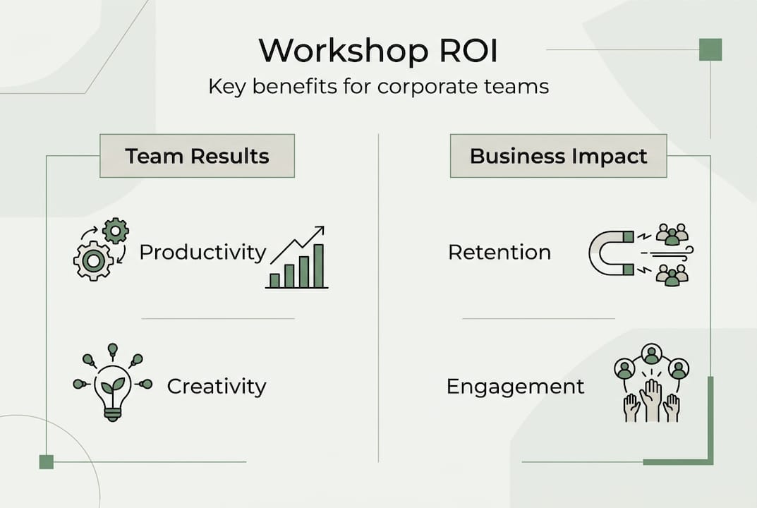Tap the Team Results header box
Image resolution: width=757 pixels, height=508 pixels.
coord(197,156)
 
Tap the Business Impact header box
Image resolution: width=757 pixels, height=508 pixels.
coord(558,156)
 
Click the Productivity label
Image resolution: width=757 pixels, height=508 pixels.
coord(202,253)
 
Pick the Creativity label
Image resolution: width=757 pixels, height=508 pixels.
coord(217,387)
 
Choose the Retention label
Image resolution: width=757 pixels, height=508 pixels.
coord(499,253)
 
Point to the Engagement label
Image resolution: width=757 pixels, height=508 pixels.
coord(516,387)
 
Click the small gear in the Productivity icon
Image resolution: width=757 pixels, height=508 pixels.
coord(115,231)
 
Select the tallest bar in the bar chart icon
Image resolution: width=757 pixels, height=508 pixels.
coord(318,266)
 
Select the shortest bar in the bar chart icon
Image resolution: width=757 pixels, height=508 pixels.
coord(274,280)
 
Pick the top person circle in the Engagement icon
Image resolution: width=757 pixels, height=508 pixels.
coord(651,352)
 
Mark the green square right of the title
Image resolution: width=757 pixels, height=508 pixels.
coord(710,49)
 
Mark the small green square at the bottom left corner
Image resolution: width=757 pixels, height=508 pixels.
coord(47,461)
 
